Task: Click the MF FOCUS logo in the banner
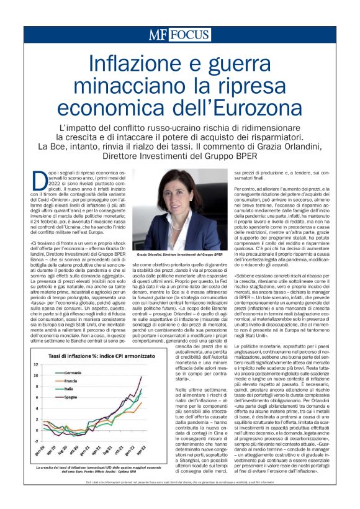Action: point(179,35)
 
